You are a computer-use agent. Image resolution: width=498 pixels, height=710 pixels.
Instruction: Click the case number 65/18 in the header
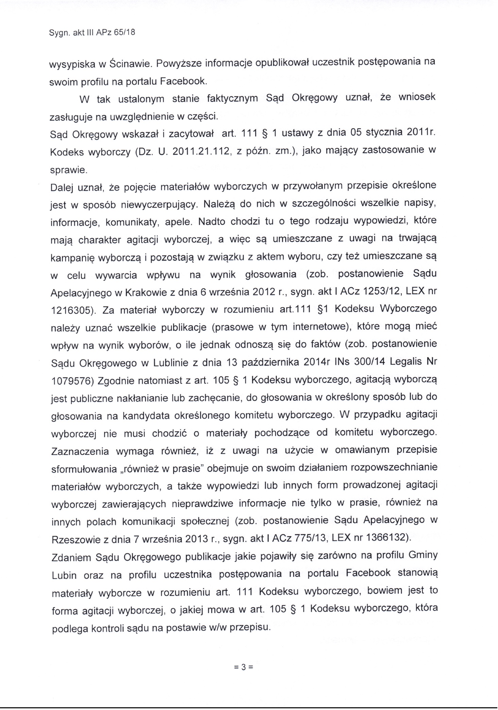(x=125, y=33)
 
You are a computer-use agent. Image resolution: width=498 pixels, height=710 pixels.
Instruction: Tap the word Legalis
(x=406, y=362)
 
